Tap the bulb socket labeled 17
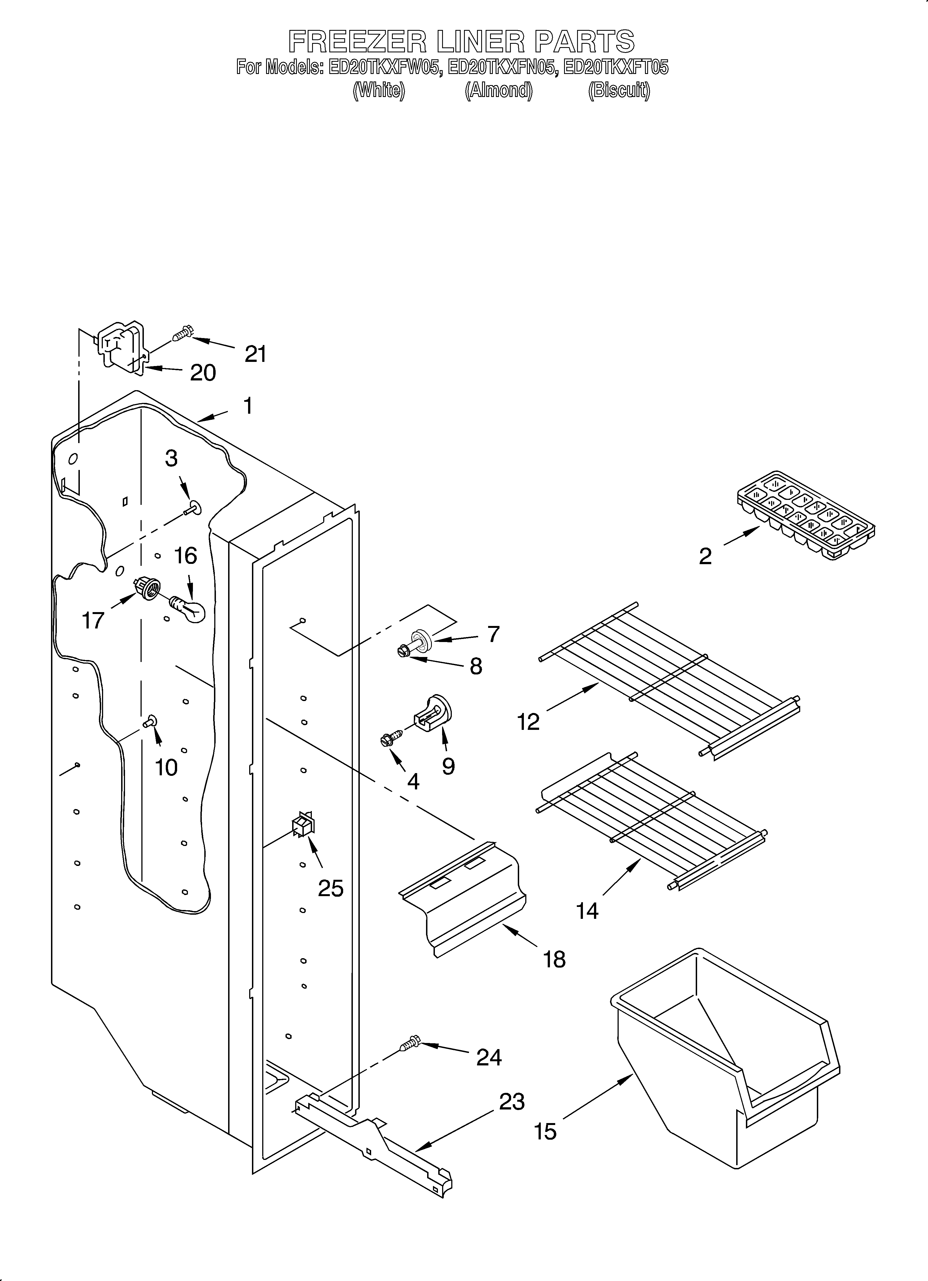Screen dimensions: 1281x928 pos(146,589)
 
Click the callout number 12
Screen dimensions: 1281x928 pos(528,722)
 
